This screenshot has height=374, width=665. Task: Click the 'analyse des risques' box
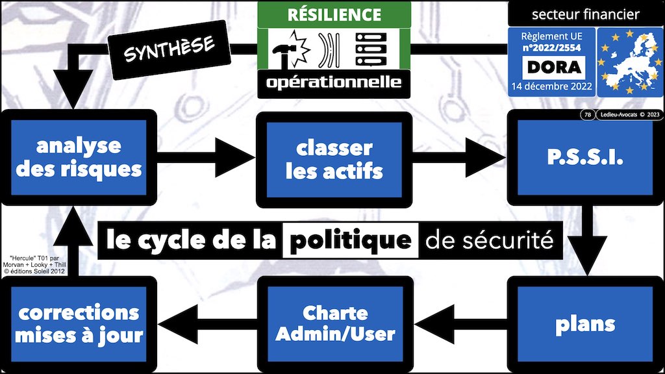[79, 157]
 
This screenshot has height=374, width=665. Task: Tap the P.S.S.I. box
[585, 157]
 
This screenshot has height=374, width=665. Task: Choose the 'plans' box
[585, 323]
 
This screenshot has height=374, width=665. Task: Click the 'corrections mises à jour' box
[79, 323]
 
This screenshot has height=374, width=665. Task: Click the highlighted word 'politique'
[351, 241]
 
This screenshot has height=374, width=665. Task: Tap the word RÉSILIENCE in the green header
[334, 14]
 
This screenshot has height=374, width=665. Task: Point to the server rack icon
[368, 49]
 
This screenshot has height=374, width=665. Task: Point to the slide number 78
[587, 116]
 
